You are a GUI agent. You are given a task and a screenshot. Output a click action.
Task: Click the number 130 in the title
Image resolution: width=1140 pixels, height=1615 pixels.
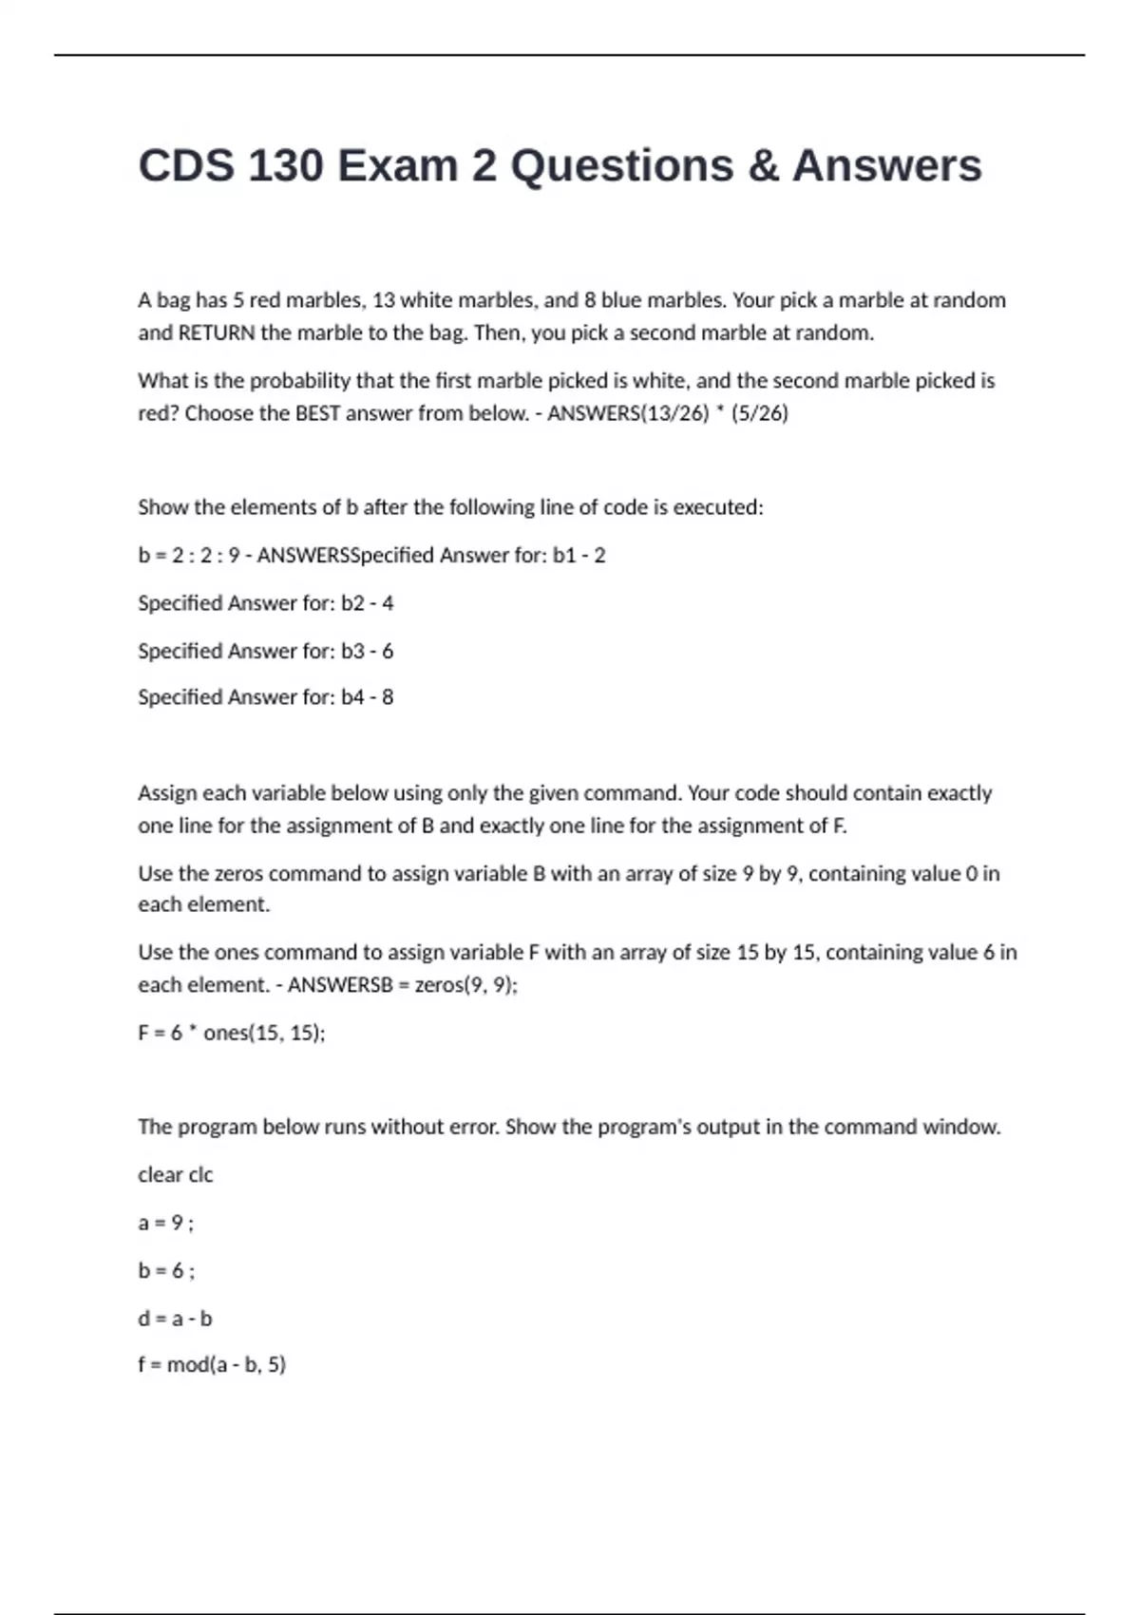point(285,165)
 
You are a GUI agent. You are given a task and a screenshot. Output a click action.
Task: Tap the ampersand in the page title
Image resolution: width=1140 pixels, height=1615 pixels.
point(763,165)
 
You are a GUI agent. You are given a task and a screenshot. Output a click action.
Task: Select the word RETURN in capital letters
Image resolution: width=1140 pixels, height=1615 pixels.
point(217,332)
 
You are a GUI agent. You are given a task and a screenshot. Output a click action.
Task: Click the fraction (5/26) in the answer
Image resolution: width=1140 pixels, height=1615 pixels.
point(760,413)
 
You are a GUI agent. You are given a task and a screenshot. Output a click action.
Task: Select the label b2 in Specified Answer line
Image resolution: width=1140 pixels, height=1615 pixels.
point(352,603)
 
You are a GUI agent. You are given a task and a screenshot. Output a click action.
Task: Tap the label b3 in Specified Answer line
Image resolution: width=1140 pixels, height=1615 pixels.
point(352,651)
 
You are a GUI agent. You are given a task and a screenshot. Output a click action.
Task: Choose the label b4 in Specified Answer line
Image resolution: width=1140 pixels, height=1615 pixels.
point(352,697)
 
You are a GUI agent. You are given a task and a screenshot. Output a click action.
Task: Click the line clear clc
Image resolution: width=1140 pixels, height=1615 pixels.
point(176,1174)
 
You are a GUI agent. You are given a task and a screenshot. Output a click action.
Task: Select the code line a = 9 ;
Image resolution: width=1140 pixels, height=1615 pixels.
point(165,1223)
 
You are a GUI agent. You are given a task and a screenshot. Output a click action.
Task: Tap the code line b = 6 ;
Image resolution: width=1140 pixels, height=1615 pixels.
point(166,1270)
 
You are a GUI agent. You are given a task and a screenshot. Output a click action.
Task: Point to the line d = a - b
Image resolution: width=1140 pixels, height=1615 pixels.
point(175,1319)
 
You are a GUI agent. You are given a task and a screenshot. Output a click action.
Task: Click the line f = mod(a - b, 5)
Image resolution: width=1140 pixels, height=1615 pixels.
point(212,1365)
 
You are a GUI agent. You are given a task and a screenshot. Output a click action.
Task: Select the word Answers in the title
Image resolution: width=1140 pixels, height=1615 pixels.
point(887,165)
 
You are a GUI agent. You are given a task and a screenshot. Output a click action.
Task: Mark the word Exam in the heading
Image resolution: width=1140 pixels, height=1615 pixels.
point(398,165)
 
